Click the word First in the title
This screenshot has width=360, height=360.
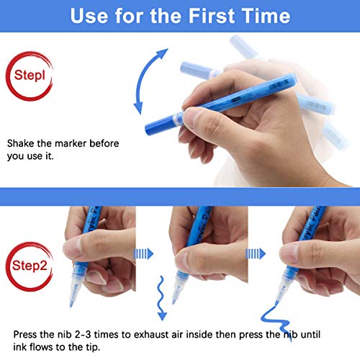[211, 16]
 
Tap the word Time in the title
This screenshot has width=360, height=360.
[266, 16]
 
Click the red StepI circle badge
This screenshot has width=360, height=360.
[30, 76]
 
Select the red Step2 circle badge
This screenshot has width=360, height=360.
[30, 266]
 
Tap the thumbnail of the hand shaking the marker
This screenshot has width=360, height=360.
[192, 115]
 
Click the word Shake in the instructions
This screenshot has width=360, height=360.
[20, 143]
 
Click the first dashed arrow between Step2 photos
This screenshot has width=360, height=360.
[143, 253]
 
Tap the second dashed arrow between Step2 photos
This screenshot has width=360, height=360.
[256, 253]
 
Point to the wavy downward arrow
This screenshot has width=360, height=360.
[161, 298]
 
